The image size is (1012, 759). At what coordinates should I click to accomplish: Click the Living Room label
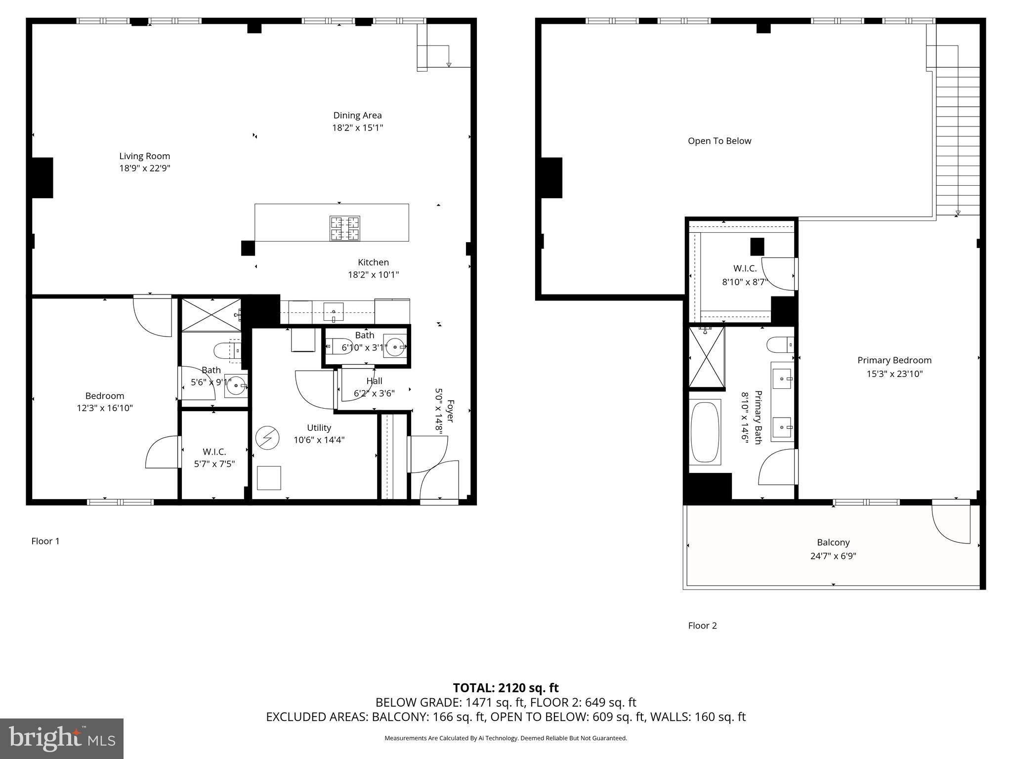click(x=144, y=156)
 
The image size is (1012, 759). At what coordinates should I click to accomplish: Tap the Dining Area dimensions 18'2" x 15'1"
click(x=357, y=128)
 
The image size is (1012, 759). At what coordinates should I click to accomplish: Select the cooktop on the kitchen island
click(x=345, y=228)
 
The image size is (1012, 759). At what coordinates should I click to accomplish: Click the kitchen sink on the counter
click(x=334, y=312)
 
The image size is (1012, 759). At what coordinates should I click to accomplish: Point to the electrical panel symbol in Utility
click(x=267, y=438)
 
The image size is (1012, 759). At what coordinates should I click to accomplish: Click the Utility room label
click(x=319, y=428)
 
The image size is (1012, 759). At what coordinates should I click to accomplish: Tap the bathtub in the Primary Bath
click(x=705, y=432)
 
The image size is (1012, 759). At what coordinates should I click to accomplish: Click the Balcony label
click(x=833, y=542)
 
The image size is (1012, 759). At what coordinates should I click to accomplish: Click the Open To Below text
click(x=719, y=141)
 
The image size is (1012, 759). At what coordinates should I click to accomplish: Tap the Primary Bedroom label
click(x=894, y=360)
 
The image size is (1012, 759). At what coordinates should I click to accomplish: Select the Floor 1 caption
click(x=45, y=541)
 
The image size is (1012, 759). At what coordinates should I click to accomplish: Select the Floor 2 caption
click(x=702, y=626)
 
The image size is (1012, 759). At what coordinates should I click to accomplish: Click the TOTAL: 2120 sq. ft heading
click(x=506, y=688)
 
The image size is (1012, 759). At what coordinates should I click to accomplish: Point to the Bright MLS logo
click(x=62, y=738)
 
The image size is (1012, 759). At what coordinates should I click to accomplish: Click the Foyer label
click(x=450, y=411)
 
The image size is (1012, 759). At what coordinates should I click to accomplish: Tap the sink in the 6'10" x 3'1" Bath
click(x=395, y=347)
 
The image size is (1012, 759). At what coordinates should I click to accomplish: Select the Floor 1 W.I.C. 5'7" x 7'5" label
click(x=214, y=452)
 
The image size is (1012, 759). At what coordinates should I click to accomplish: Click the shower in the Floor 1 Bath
click(x=211, y=315)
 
